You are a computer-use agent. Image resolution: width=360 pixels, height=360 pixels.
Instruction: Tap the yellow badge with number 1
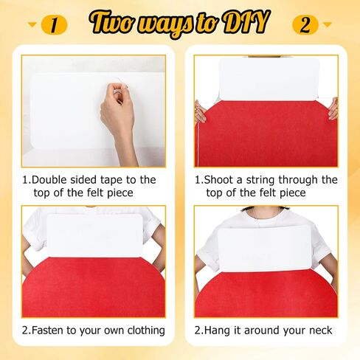point(54,25)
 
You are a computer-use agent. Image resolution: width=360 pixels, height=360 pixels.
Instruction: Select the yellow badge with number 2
point(305,25)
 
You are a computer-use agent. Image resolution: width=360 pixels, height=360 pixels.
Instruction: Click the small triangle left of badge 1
point(32,24)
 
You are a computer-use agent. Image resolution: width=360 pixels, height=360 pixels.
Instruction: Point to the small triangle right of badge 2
point(327,24)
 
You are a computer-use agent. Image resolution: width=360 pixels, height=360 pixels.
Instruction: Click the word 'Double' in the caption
point(49,180)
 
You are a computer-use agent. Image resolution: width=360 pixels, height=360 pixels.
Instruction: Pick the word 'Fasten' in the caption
point(47,330)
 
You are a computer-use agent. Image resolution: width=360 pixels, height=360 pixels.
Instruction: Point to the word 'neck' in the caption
point(321,330)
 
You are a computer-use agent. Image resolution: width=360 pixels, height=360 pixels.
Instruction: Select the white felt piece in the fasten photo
point(94,235)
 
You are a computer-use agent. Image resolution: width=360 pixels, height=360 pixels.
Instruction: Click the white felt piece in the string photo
point(269,79)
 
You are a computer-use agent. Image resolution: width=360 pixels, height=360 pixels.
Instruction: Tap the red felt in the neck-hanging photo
point(266,295)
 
